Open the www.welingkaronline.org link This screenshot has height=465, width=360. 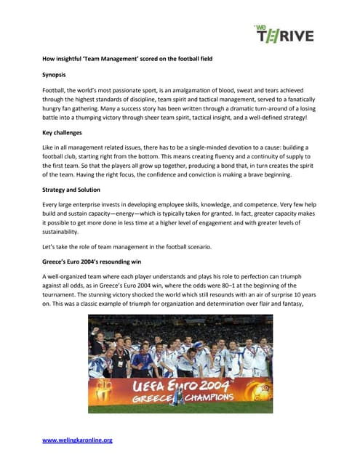(77, 440)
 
